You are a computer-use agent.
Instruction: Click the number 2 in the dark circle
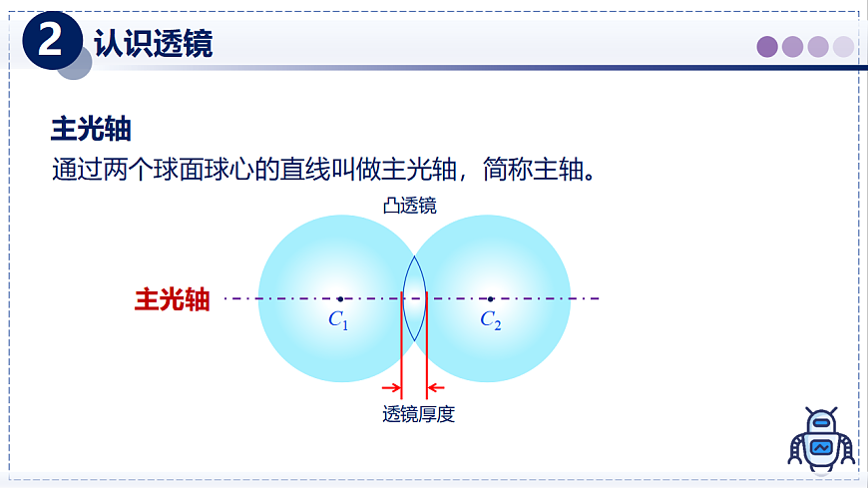click(x=50, y=41)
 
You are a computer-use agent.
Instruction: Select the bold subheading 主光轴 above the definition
click(x=92, y=130)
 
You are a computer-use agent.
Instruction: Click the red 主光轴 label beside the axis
click(x=172, y=299)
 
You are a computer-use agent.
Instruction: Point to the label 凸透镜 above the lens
click(x=409, y=206)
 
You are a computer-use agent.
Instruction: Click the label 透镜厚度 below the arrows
click(x=419, y=414)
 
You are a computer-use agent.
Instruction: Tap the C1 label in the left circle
click(x=338, y=320)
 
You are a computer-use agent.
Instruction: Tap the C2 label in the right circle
click(x=490, y=320)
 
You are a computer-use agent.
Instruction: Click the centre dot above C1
click(x=339, y=298)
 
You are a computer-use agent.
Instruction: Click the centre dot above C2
click(x=490, y=298)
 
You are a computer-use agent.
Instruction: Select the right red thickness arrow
click(x=436, y=388)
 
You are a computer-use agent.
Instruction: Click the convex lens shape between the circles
click(x=414, y=298)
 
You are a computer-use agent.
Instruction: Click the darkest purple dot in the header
click(x=767, y=47)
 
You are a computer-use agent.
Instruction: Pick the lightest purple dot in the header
click(x=844, y=47)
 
